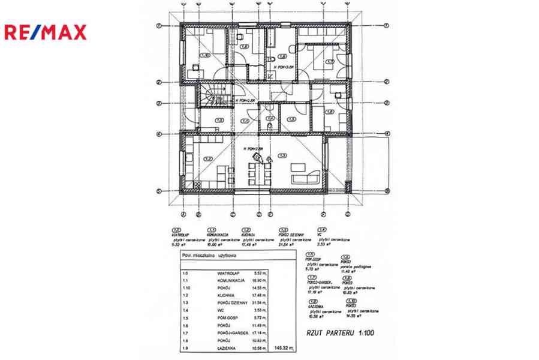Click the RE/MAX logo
click(x=46, y=32)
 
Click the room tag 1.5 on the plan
click(x=291, y=119)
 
